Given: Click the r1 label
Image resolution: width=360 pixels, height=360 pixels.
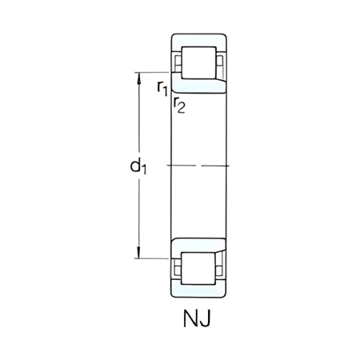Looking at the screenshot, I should pyautogui.click(x=162, y=86).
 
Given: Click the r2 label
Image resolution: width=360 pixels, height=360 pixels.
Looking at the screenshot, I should pyautogui.click(x=179, y=105).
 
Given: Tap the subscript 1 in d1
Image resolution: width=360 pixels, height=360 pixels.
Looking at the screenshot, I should pyautogui.click(x=145, y=170).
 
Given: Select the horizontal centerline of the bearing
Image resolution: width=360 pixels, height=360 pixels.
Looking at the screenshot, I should pyautogui.click(x=200, y=166).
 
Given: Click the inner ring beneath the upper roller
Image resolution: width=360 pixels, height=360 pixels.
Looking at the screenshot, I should pyautogui.click(x=200, y=86).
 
